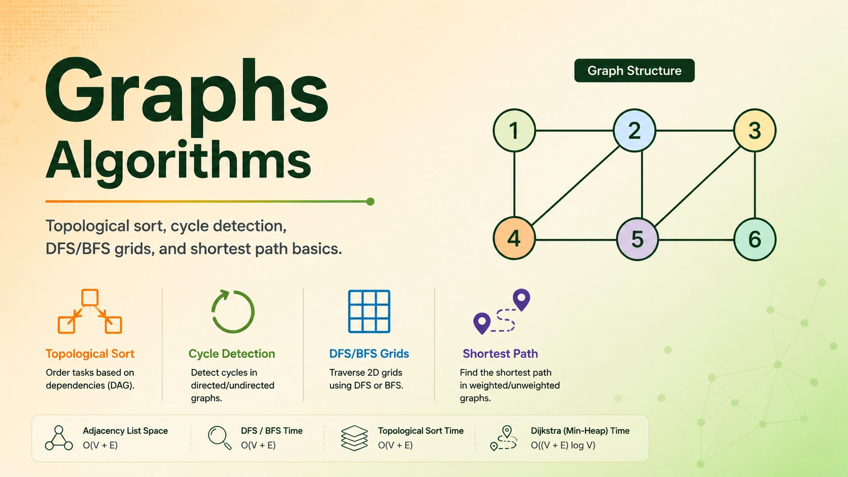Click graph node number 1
pyautogui.click(x=514, y=130)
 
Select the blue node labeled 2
pyautogui.click(x=634, y=130)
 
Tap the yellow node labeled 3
pyautogui.click(x=755, y=130)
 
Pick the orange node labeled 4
pyautogui.click(x=514, y=238)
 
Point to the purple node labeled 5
pyautogui.click(x=638, y=239)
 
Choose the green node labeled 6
pyautogui.click(x=755, y=239)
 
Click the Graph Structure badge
pyautogui.click(x=634, y=70)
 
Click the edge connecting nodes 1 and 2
pyautogui.click(x=574, y=130)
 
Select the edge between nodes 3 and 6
pyautogui.click(x=755, y=185)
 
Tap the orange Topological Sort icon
pyautogui.click(x=90, y=311)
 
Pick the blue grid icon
pyautogui.click(x=369, y=311)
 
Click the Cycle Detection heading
pyautogui.click(x=232, y=354)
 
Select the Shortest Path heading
pyautogui.click(x=500, y=354)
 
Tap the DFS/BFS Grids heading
pyautogui.click(x=369, y=354)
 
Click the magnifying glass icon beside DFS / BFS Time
pyautogui.click(x=220, y=437)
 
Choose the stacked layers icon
pyautogui.click(x=355, y=438)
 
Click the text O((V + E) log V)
pyautogui.click(x=563, y=445)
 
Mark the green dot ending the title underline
pyautogui.click(x=371, y=202)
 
